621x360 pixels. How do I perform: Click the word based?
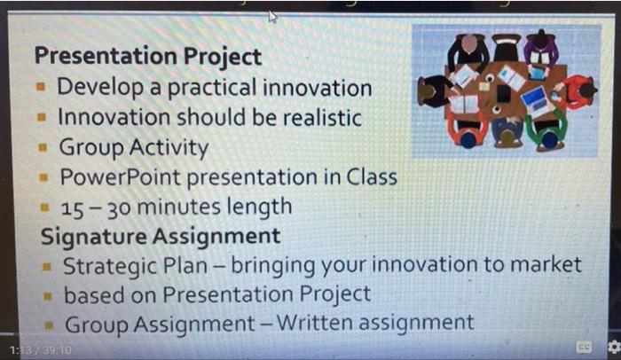pyautogui.click(x=90, y=293)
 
